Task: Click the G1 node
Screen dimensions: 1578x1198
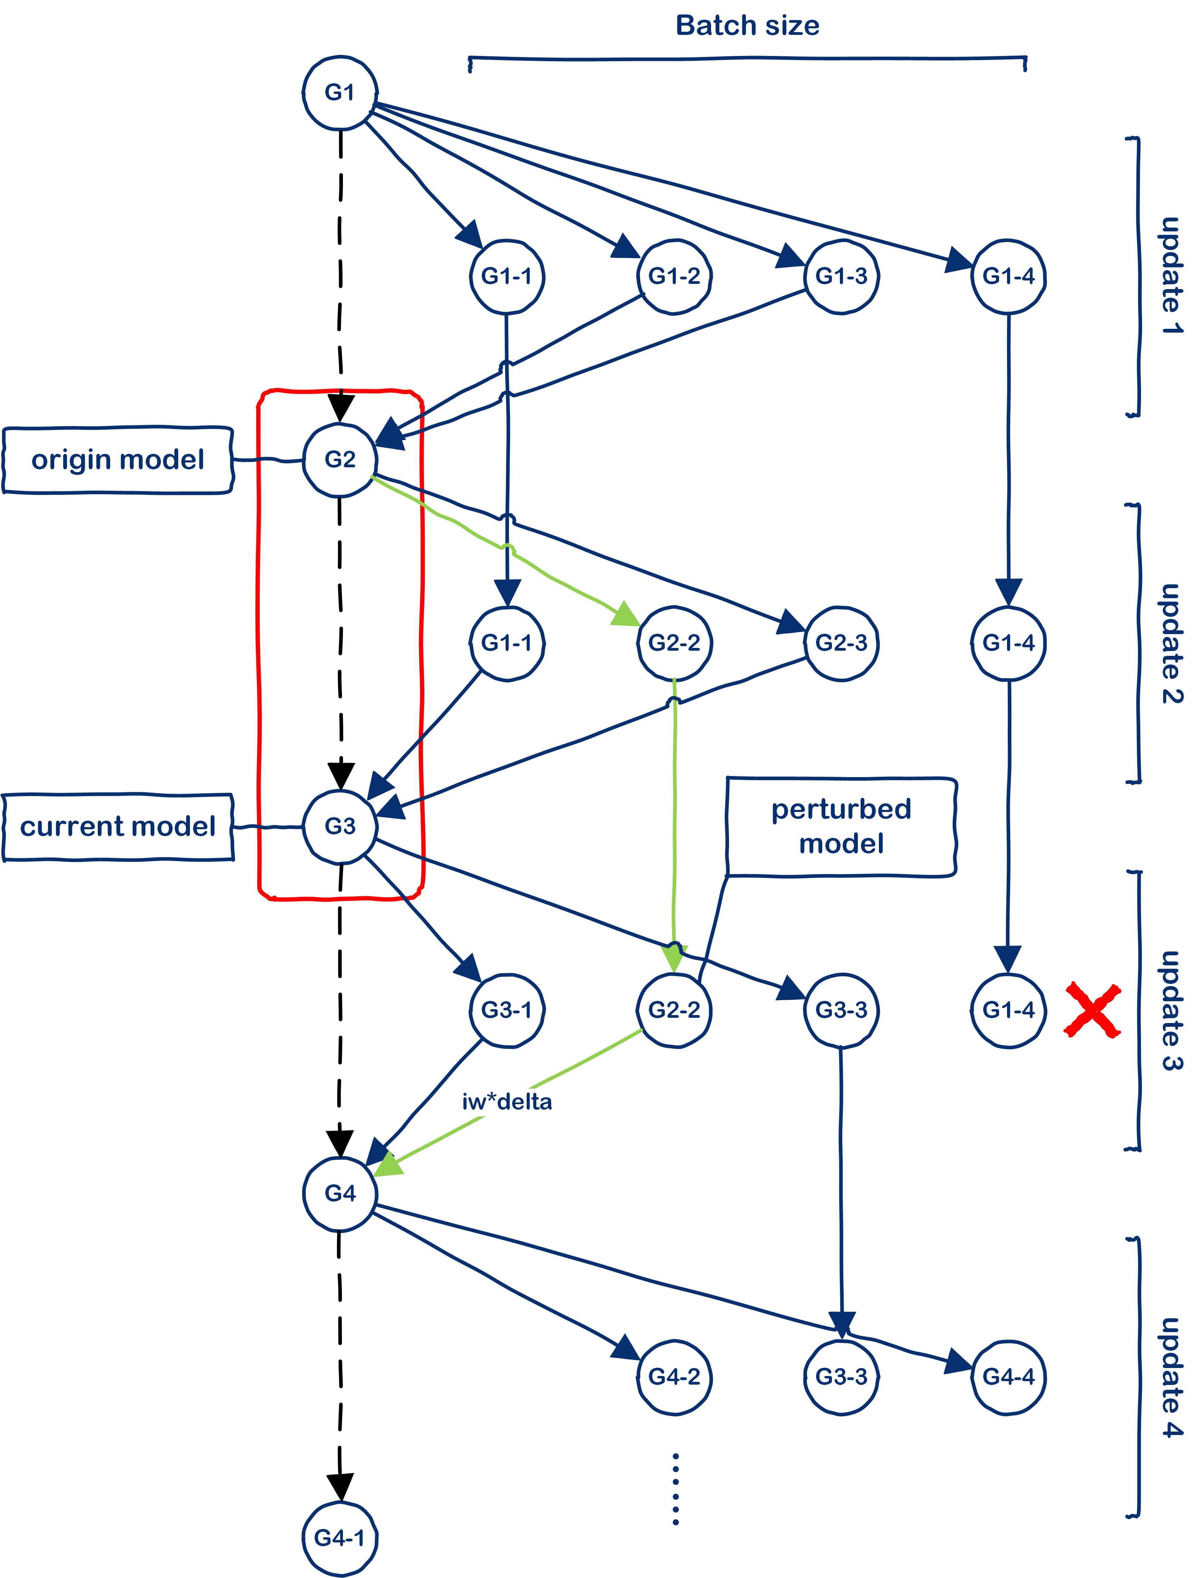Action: pos(339,93)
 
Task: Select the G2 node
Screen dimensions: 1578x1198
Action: pos(339,459)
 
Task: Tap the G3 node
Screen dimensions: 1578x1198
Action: pos(339,826)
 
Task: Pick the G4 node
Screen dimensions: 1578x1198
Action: pos(339,1193)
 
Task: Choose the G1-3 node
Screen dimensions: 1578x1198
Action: pos(841,276)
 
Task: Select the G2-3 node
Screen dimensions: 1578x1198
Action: pos(841,643)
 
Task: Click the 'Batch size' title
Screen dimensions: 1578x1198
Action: pos(747,26)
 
